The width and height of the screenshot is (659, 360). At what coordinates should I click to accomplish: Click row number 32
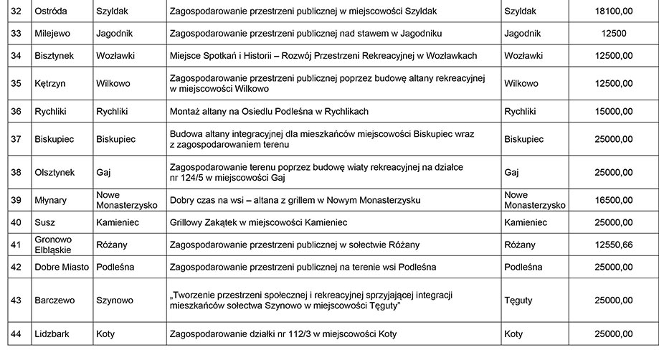(16, 11)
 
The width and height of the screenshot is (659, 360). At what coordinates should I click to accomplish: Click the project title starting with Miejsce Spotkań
(323, 56)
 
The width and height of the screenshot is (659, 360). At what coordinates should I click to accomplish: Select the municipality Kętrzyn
(49, 83)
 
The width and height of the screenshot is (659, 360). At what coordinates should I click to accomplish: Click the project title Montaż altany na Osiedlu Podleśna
(268, 112)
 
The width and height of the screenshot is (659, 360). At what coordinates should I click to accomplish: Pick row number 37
(16, 139)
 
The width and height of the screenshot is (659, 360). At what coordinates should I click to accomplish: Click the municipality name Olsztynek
(54, 173)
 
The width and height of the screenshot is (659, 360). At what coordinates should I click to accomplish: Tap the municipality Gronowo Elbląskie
(58, 245)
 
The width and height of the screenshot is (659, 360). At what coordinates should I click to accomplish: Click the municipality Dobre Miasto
(62, 267)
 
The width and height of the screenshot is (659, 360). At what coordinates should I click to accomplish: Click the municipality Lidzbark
(52, 334)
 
